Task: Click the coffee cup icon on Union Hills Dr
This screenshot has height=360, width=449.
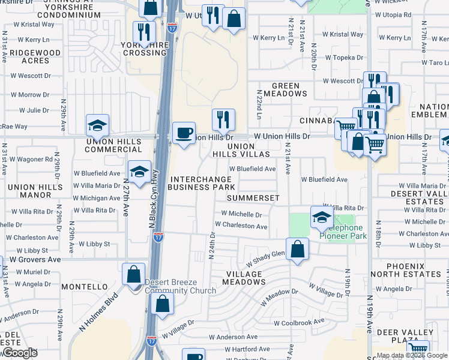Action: [x=184, y=132]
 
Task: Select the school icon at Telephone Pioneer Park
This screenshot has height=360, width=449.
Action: [x=322, y=217]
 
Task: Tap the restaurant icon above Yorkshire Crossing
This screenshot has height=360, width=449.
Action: [x=144, y=32]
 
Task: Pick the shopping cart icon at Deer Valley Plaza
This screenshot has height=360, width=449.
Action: [x=418, y=350]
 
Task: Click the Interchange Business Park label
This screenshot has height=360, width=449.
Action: [x=201, y=183]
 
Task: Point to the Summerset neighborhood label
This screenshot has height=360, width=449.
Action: [x=253, y=197]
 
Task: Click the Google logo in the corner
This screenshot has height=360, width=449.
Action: [x=20, y=352]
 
